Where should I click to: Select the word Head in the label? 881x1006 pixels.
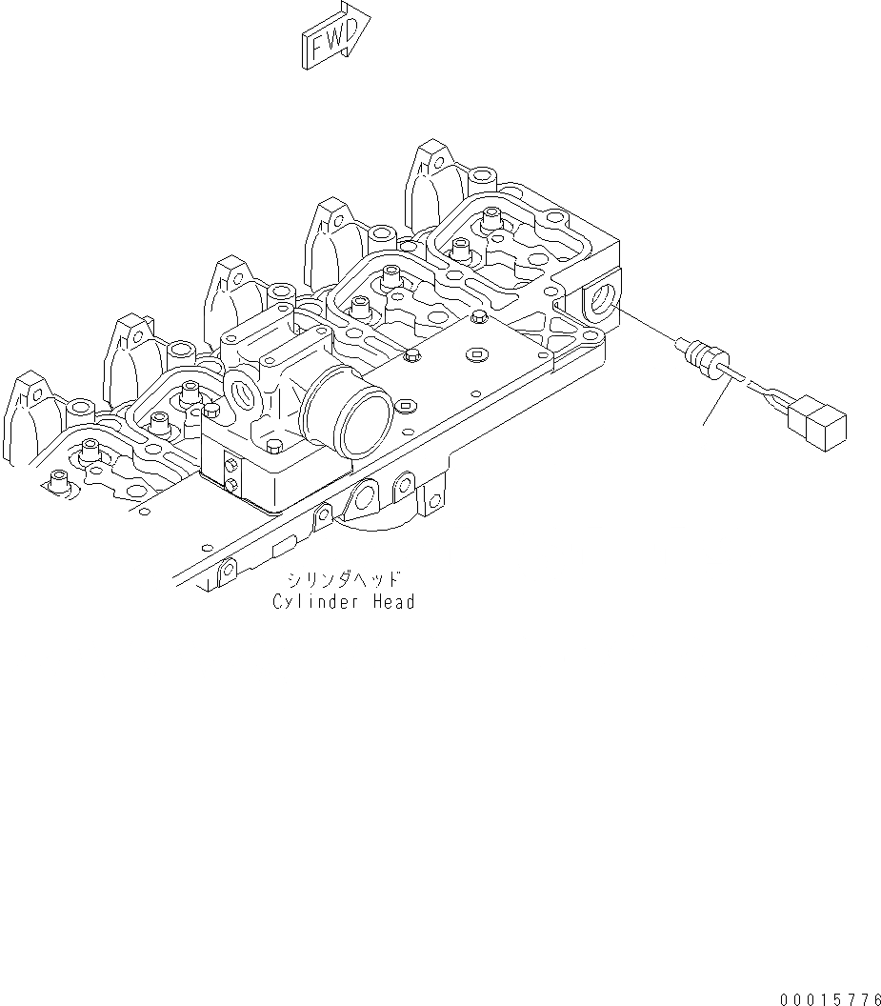[392, 602]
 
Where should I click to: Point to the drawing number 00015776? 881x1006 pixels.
[829, 999]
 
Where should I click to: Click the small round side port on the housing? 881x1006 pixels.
[243, 392]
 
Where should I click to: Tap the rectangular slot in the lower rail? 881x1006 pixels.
[284, 549]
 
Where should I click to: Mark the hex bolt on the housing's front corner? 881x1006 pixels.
[274, 447]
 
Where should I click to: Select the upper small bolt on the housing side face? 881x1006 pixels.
[230, 465]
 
